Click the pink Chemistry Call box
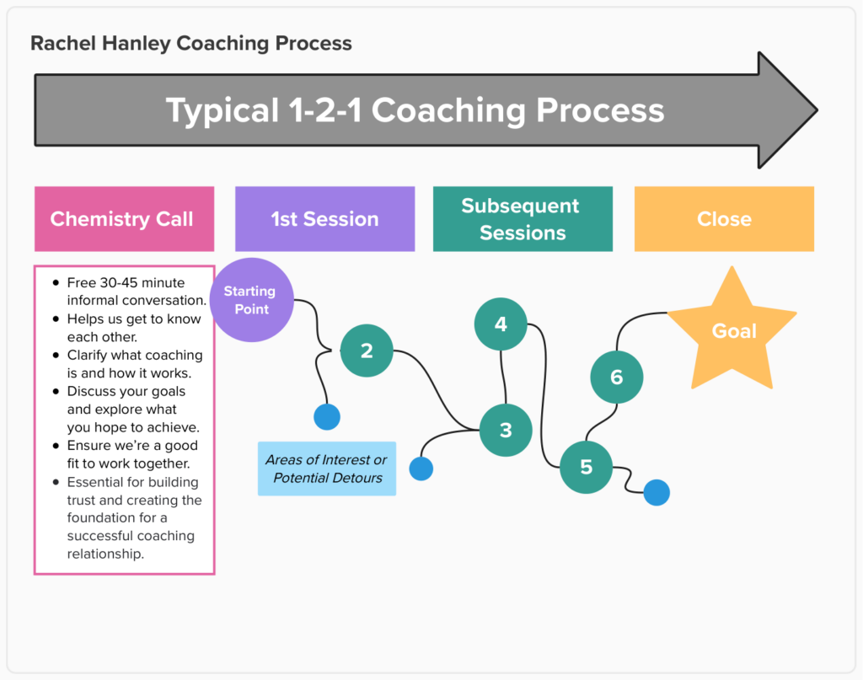[x=124, y=219]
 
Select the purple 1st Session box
[x=324, y=219]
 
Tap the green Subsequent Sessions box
[x=523, y=219]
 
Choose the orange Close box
[x=724, y=219]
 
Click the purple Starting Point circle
[x=251, y=300]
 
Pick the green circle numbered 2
[x=367, y=351]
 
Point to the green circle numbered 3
[x=506, y=431]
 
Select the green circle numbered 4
[x=501, y=324]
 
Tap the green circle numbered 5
[x=587, y=467]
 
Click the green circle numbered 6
[x=616, y=377]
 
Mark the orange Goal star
[x=733, y=331]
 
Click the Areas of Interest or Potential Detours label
[x=327, y=469]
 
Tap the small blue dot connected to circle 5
[x=657, y=492]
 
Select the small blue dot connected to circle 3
[x=421, y=469]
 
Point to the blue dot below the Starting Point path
[x=326, y=416]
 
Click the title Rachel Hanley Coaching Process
[x=191, y=43]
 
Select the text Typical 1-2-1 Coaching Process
[x=415, y=110]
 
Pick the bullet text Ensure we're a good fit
[x=133, y=454]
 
